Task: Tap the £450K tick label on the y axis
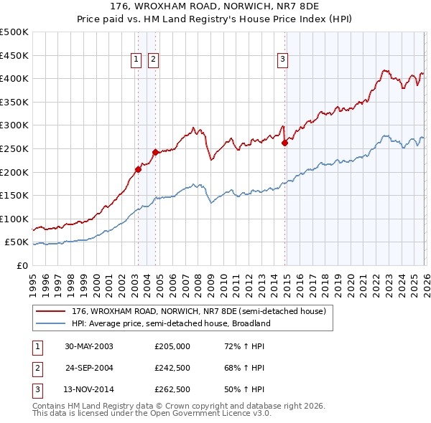[14, 55]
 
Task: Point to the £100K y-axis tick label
[14, 219]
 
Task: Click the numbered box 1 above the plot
[136, 60]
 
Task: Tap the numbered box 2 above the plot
[154, 60]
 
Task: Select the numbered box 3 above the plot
[283, 60]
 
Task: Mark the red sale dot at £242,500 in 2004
[155, 152]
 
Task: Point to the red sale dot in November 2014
[284, 143]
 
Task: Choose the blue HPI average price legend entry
[170, 323]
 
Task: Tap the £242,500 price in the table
[172, 368]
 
